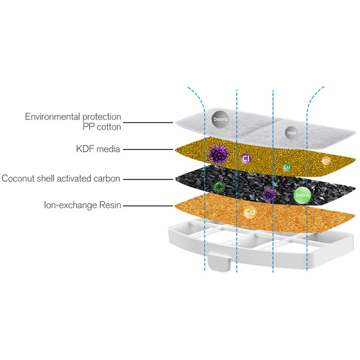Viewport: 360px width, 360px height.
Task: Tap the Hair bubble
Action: pos(291,132)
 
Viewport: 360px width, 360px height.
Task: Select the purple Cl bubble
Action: pos(246,158)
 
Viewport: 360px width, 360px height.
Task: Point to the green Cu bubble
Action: pos(287,167)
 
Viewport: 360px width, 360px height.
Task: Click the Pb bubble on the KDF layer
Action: pos(325,161)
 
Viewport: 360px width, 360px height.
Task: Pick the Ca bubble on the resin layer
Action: pos(250,212)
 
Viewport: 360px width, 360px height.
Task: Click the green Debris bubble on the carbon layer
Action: pos(302,195)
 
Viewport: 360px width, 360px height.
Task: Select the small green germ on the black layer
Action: pos(218,187)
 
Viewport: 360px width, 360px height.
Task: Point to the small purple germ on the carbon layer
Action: pos(269,194)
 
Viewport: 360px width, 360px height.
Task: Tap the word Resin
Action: pos(109,205)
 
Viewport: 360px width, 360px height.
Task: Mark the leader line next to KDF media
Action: pos(148,149)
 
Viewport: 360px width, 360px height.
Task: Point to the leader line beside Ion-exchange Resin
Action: pos(148,205)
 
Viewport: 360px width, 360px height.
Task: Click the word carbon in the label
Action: pos(106,178)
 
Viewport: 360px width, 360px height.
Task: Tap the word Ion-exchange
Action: pos(69,205)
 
